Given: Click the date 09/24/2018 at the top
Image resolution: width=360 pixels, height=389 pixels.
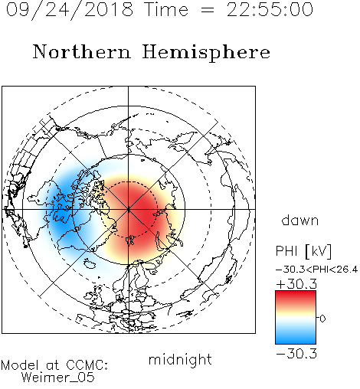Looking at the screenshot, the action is click(70, 10).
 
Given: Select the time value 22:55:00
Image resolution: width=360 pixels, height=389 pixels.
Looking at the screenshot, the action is click(270, 9).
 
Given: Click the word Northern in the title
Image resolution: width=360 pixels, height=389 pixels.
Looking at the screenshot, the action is click(82, 51).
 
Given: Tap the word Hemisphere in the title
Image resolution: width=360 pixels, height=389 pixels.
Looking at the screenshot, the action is click(206, 52).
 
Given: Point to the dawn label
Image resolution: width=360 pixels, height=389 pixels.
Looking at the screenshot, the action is click(300, 220).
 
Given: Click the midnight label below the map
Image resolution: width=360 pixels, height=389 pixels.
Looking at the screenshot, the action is click(180, 361).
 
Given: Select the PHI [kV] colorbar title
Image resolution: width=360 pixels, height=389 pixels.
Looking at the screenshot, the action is click(303, 251).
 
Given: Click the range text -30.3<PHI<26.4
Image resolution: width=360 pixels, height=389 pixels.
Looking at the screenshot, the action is click(316, 270).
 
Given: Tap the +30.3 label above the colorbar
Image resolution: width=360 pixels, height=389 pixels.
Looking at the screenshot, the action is click(296, 284).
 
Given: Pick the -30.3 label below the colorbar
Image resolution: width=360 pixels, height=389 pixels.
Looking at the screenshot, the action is click(296, 354).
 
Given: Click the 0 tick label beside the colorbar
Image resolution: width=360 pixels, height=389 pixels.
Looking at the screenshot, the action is click(322, 319).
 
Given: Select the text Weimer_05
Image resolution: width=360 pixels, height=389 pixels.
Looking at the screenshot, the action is click(58, 378).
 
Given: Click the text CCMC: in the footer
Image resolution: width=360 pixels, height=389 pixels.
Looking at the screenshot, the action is click(87, 365).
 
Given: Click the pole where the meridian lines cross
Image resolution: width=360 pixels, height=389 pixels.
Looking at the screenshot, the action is click(129, 209).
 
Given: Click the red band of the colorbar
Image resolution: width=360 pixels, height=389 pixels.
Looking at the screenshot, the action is click(296, 299).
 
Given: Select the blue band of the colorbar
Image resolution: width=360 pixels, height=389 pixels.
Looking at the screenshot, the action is click(296, 335).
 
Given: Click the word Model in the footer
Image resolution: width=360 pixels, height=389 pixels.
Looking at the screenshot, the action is click(20, 365).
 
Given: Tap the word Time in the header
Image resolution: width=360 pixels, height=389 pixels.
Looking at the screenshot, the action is click(166, 10).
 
